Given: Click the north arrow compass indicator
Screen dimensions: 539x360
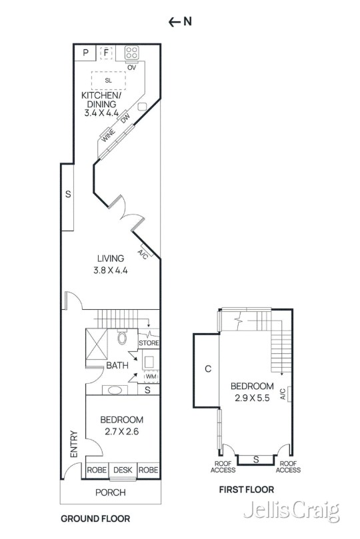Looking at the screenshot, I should click(179, 21).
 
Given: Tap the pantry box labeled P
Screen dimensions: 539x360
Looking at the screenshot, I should click(85, 53).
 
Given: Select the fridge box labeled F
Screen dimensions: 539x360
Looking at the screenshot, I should click(106, 53).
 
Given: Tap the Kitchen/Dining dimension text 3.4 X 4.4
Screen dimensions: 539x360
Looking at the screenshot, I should click(101, 113).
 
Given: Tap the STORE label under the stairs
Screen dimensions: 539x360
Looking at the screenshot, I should click(149, 343).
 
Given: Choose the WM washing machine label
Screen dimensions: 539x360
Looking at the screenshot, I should click(150, 377).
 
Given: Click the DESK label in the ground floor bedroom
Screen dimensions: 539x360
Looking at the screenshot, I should click(122, 470).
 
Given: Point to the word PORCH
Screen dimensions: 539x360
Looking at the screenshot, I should click(111, 492).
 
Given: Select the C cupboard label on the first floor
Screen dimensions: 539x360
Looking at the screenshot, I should click(208, 368).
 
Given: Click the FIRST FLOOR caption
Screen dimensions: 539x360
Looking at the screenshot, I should click(247, 490).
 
